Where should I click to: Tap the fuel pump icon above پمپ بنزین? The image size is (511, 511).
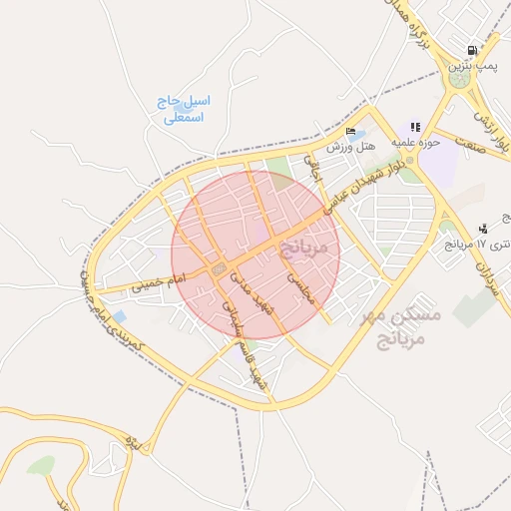pyautogui.click(x=472, y=50)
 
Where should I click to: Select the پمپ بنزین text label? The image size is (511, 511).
pyautogui.click(x=472, y=65)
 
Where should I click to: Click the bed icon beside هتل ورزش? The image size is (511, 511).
pyautogui.click(x=349, y=132)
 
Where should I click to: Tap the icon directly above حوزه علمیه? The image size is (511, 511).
pyautogui.click(x=415, y=128)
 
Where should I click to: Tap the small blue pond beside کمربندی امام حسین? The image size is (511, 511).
pyautogui.click(x=120, y=317)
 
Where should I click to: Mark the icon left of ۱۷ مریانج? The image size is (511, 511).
pyautogui.click(x=483, y=229)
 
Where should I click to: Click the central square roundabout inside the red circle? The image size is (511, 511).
pyautogui.click(x=219, y=269)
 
